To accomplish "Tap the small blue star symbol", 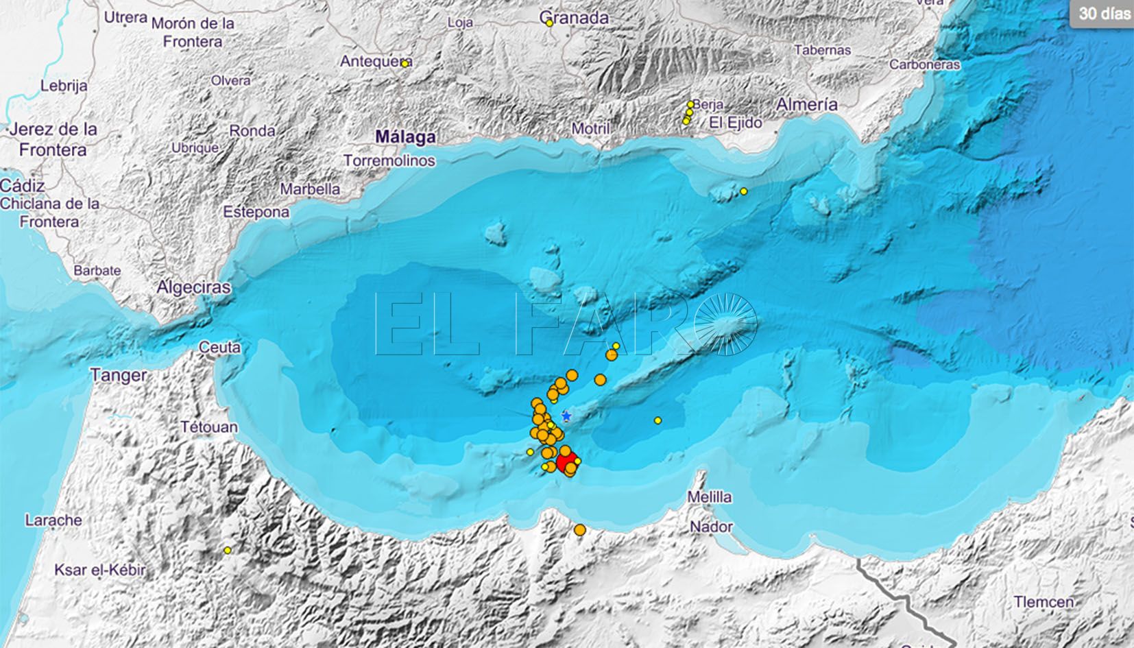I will [566, 416].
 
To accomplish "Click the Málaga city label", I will [405, 136].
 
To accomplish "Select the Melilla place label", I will [710, 496].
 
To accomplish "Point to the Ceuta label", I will [219, 348].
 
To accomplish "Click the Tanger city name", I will [119, 375].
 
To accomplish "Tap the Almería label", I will [806, 104].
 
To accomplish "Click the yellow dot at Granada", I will [550, 23].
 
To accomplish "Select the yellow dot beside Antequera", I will [405, 63].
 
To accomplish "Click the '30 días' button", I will [1102, 13].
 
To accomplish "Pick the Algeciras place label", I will [194, 287].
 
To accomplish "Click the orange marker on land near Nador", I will [580, 529].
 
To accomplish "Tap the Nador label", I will [711, 527].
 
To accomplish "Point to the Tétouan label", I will [209, 427].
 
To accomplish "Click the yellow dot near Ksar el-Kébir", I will [228, 550].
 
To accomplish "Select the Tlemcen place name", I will [1043, 601].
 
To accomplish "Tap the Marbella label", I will [311, 189].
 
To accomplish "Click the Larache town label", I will [53, 520].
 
